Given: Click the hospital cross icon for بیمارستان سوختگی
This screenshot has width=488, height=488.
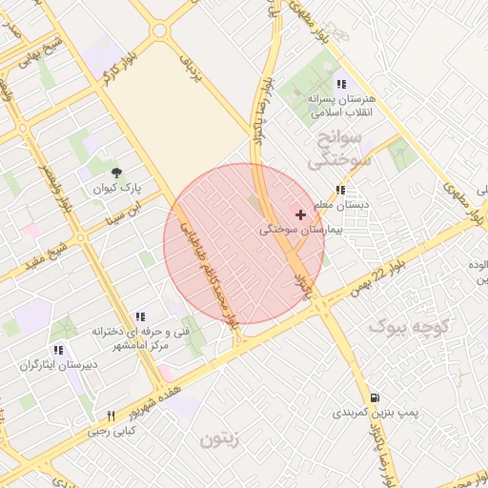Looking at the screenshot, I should pyautogui.click(x=301, y=214).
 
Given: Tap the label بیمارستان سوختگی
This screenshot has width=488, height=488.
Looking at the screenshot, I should pyautogui.click(x=301, y=231).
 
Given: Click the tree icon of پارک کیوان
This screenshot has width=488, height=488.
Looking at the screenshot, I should pyautogui.click(x=117, y=173).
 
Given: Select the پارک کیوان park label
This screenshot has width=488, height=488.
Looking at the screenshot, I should pyautogui.click(x=117, y=189).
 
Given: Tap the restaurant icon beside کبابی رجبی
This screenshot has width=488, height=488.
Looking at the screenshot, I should pyautogui.click(x=111, y=416).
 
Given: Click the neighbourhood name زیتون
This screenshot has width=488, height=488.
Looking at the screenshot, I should pyautogui.click(x=223, y=440).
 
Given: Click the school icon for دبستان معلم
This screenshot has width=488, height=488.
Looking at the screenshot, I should pyautogui.click(x=340, y=190).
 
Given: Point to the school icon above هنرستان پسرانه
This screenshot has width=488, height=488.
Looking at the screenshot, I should pyautogui.click(x=340, y=84).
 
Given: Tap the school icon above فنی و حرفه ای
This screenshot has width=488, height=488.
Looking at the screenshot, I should pyautogui.click(x=140, y=316).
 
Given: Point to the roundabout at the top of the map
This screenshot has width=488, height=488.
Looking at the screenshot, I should pyautogui.click(x=159, y=30).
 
